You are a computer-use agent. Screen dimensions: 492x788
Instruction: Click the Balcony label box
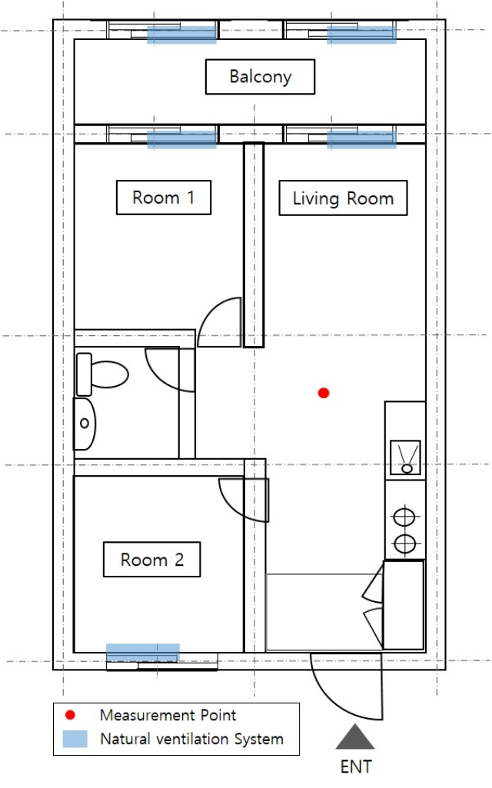[261, 77]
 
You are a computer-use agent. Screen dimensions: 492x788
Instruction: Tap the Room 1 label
[163, 198]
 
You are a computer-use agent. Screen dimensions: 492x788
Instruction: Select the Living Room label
[343, 198]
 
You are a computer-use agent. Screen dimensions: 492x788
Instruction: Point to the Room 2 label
[151, 560]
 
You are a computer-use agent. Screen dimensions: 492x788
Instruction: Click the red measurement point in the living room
[324, 393]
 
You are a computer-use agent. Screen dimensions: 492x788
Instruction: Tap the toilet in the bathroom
[102, 374]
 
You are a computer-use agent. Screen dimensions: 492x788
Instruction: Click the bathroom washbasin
[85, 424]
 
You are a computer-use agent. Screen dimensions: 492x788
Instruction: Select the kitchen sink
[406, 458]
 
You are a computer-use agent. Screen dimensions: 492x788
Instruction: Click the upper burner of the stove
[404, 517]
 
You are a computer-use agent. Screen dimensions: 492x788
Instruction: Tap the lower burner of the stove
[404, 544]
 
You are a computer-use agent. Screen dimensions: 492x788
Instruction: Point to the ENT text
[356, 767]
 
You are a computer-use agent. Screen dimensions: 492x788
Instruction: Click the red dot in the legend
[71, 715]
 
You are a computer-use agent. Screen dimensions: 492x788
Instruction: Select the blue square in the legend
[75, 739]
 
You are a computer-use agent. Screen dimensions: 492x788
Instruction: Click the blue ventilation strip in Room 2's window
[143, 653]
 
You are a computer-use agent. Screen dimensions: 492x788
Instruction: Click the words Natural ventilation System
[192, 739]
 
